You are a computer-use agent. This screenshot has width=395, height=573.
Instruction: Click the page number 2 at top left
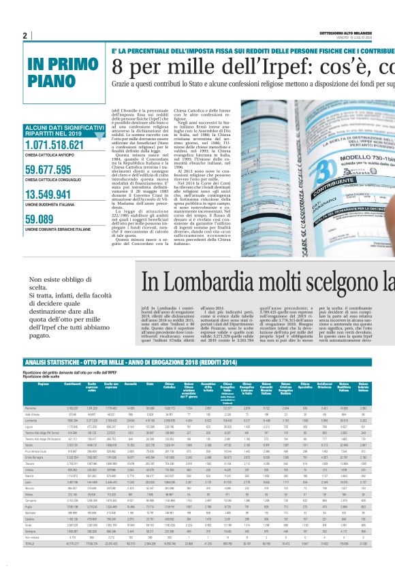coord(25,36)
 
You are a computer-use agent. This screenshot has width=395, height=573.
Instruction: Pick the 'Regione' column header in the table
coord(43,385)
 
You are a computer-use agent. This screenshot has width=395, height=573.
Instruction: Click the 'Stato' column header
coord(149,385)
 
